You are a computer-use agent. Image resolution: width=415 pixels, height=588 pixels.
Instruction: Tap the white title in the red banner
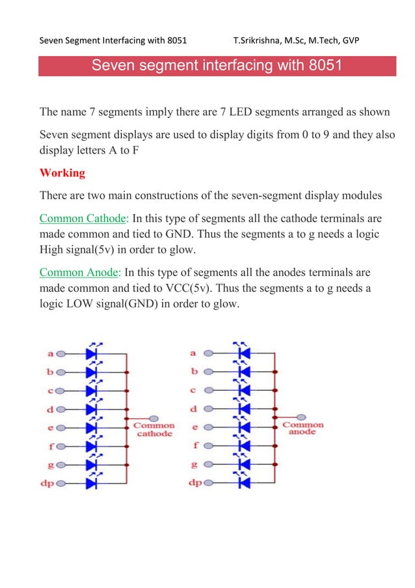pyautogui.click(x=217, y=66)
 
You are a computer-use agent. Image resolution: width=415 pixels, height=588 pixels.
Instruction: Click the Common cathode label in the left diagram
pyautogui.click(x=154, y=429)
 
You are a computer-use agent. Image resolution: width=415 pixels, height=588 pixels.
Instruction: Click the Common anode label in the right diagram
pyautogui.click(x=302, y=428)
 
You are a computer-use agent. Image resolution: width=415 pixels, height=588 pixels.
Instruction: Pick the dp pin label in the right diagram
pyautogui.click(x=195, y=483)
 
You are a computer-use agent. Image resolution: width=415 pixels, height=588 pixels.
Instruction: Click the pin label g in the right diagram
pyautogui.click(x=194, y=465)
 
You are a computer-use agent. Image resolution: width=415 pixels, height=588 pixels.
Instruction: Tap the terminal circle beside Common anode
pyautogui.click(x=303, y=417)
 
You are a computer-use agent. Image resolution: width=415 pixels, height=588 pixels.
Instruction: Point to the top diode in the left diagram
pyautogui.click(x=91, y=354)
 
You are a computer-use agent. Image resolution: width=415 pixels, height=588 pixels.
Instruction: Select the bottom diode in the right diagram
pyautogui.click(x=244, y=483)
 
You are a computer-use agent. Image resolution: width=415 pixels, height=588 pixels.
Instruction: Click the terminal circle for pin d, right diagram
pyautogui.click(x=209, y=409)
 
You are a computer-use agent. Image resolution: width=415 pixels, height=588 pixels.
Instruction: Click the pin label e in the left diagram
pyautogui.click(x=50, y=428)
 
